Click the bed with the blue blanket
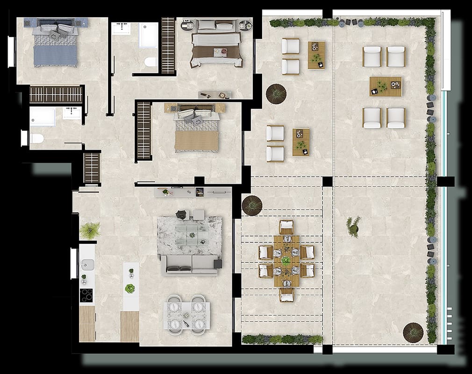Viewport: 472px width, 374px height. [55, 47]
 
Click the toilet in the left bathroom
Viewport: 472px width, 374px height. [36, 138]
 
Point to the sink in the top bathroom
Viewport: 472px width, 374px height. [122, 28]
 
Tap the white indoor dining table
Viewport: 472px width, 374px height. [186, 314]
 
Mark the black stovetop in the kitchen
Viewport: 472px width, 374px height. [86, 295]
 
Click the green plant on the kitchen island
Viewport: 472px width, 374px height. [130, 288]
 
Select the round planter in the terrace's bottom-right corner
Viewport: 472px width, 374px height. [413, 332]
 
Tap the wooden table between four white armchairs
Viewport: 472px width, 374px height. [386, 86]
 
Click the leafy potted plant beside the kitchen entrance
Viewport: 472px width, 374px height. [90, 230]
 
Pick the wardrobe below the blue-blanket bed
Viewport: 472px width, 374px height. [56, 94]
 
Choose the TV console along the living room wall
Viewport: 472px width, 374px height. [193, 192]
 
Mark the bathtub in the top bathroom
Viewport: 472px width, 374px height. [148, 35]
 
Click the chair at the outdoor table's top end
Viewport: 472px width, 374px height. [286, 227]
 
